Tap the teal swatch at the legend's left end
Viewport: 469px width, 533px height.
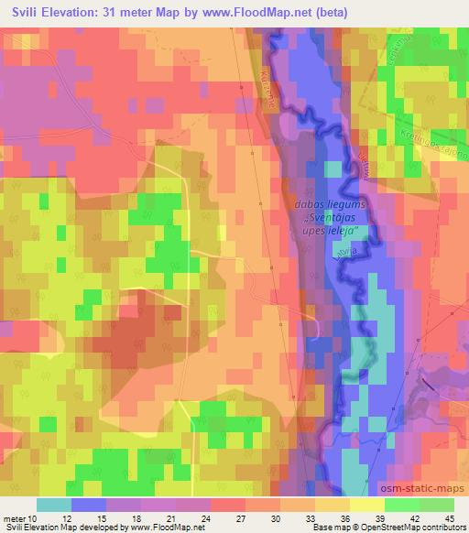click(53, 505)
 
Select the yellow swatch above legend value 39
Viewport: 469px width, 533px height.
click(367, 505)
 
